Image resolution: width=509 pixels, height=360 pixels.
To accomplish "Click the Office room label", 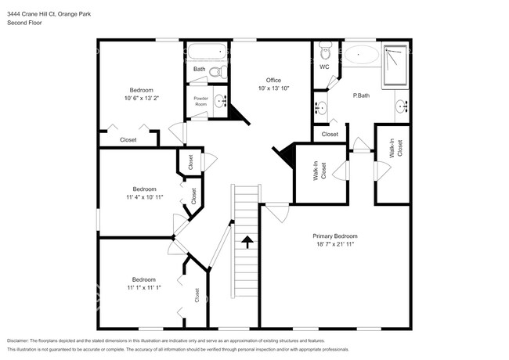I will pos(273,81).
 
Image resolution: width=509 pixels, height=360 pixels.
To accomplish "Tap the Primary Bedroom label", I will pos(335,236).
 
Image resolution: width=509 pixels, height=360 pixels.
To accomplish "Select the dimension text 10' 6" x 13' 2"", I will pos(141,98).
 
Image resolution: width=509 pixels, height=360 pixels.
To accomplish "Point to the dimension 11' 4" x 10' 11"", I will pos(143,197).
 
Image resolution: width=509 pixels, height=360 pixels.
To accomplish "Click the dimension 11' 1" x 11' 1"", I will pos(143,288).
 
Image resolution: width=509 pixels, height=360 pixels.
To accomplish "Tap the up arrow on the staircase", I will pos(247,242).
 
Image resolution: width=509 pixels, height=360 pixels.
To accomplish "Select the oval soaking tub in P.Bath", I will pos(361,55).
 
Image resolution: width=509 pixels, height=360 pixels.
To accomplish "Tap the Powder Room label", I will pos(200,100).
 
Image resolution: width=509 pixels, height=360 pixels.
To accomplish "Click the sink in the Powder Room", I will pos(220,100).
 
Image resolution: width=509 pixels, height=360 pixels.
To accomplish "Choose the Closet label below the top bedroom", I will pos(128,139).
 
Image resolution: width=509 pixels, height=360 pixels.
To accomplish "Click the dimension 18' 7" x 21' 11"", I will pos(335,244).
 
